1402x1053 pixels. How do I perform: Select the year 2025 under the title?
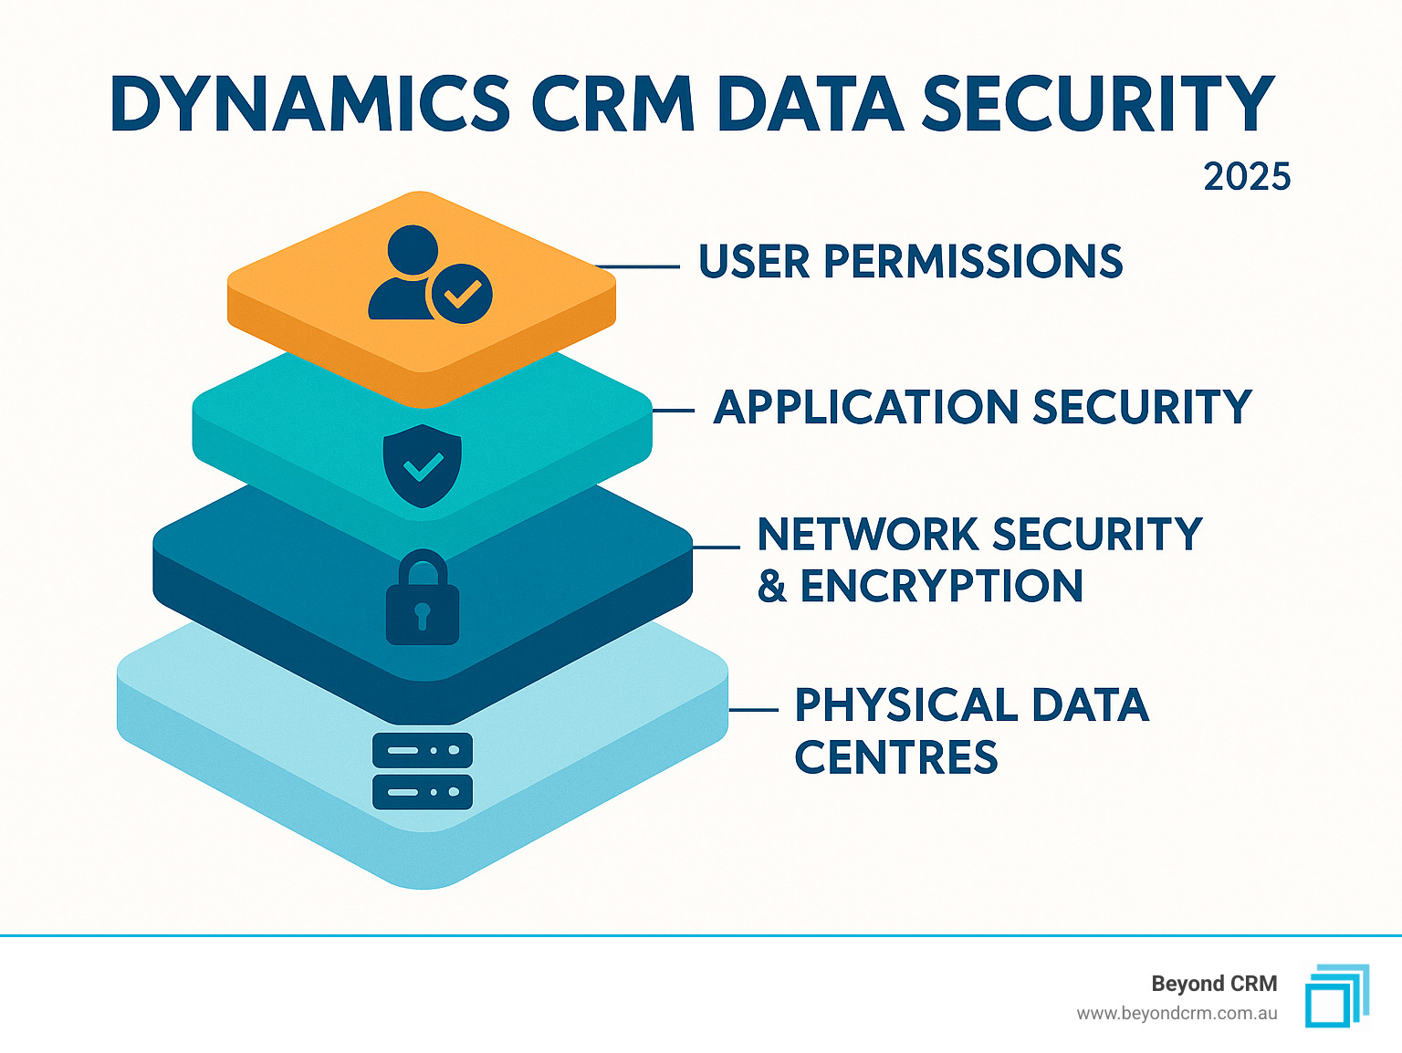(x=1247, y=177)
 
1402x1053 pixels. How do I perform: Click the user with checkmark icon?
(x=430, y=275)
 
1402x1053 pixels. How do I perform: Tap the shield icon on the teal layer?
(x=423, y=465)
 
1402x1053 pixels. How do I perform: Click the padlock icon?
(x=423, y=598)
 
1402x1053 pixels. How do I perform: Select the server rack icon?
(x=423, y=771)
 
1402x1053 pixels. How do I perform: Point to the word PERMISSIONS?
(x=973, y=262)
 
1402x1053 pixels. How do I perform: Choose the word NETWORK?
(x=867, y=535)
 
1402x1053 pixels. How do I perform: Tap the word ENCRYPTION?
(x=941, y=587)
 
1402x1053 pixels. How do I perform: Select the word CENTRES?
(x=896, y=757)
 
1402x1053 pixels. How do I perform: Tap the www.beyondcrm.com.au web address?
(x=1177, y=1014)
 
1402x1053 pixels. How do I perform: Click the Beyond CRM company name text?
(x=1214, y=984)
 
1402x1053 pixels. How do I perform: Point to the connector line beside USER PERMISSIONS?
(x=639, y=266)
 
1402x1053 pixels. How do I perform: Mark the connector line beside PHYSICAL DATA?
(x=754, y=709)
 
